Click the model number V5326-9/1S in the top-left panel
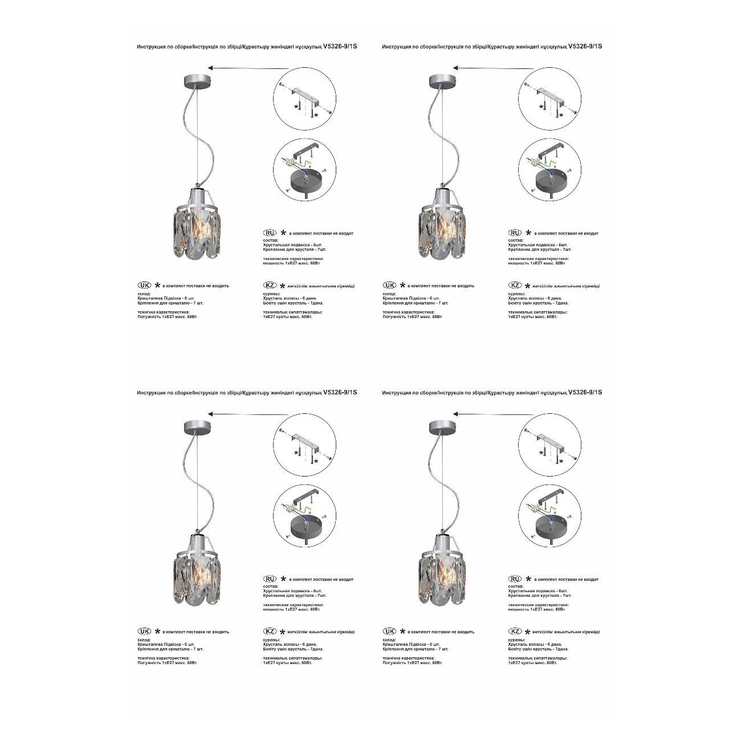coord(340,47)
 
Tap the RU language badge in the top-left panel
coord(270,233)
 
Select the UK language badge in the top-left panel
coord(144,285)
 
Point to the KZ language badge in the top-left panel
coord(270,285)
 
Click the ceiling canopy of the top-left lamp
coord(197,80)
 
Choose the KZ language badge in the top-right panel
coord(515,285)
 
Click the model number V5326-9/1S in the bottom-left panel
coord(340,392)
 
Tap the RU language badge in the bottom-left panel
coord(270,579)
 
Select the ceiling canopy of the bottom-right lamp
coord(442,426)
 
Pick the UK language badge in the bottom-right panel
coord(389,631)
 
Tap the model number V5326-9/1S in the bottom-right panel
coord(585,392)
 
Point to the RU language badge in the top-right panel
coord(515,233)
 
